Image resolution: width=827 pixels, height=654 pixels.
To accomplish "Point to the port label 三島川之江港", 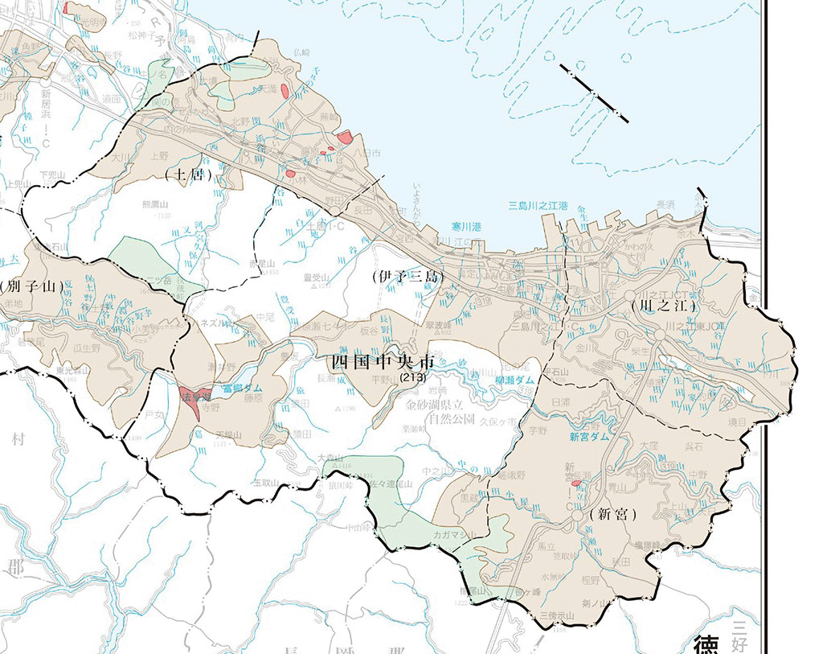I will [x=538, y=206].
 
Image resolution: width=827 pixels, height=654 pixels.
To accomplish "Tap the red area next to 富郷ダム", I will [x=195, y=401].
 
